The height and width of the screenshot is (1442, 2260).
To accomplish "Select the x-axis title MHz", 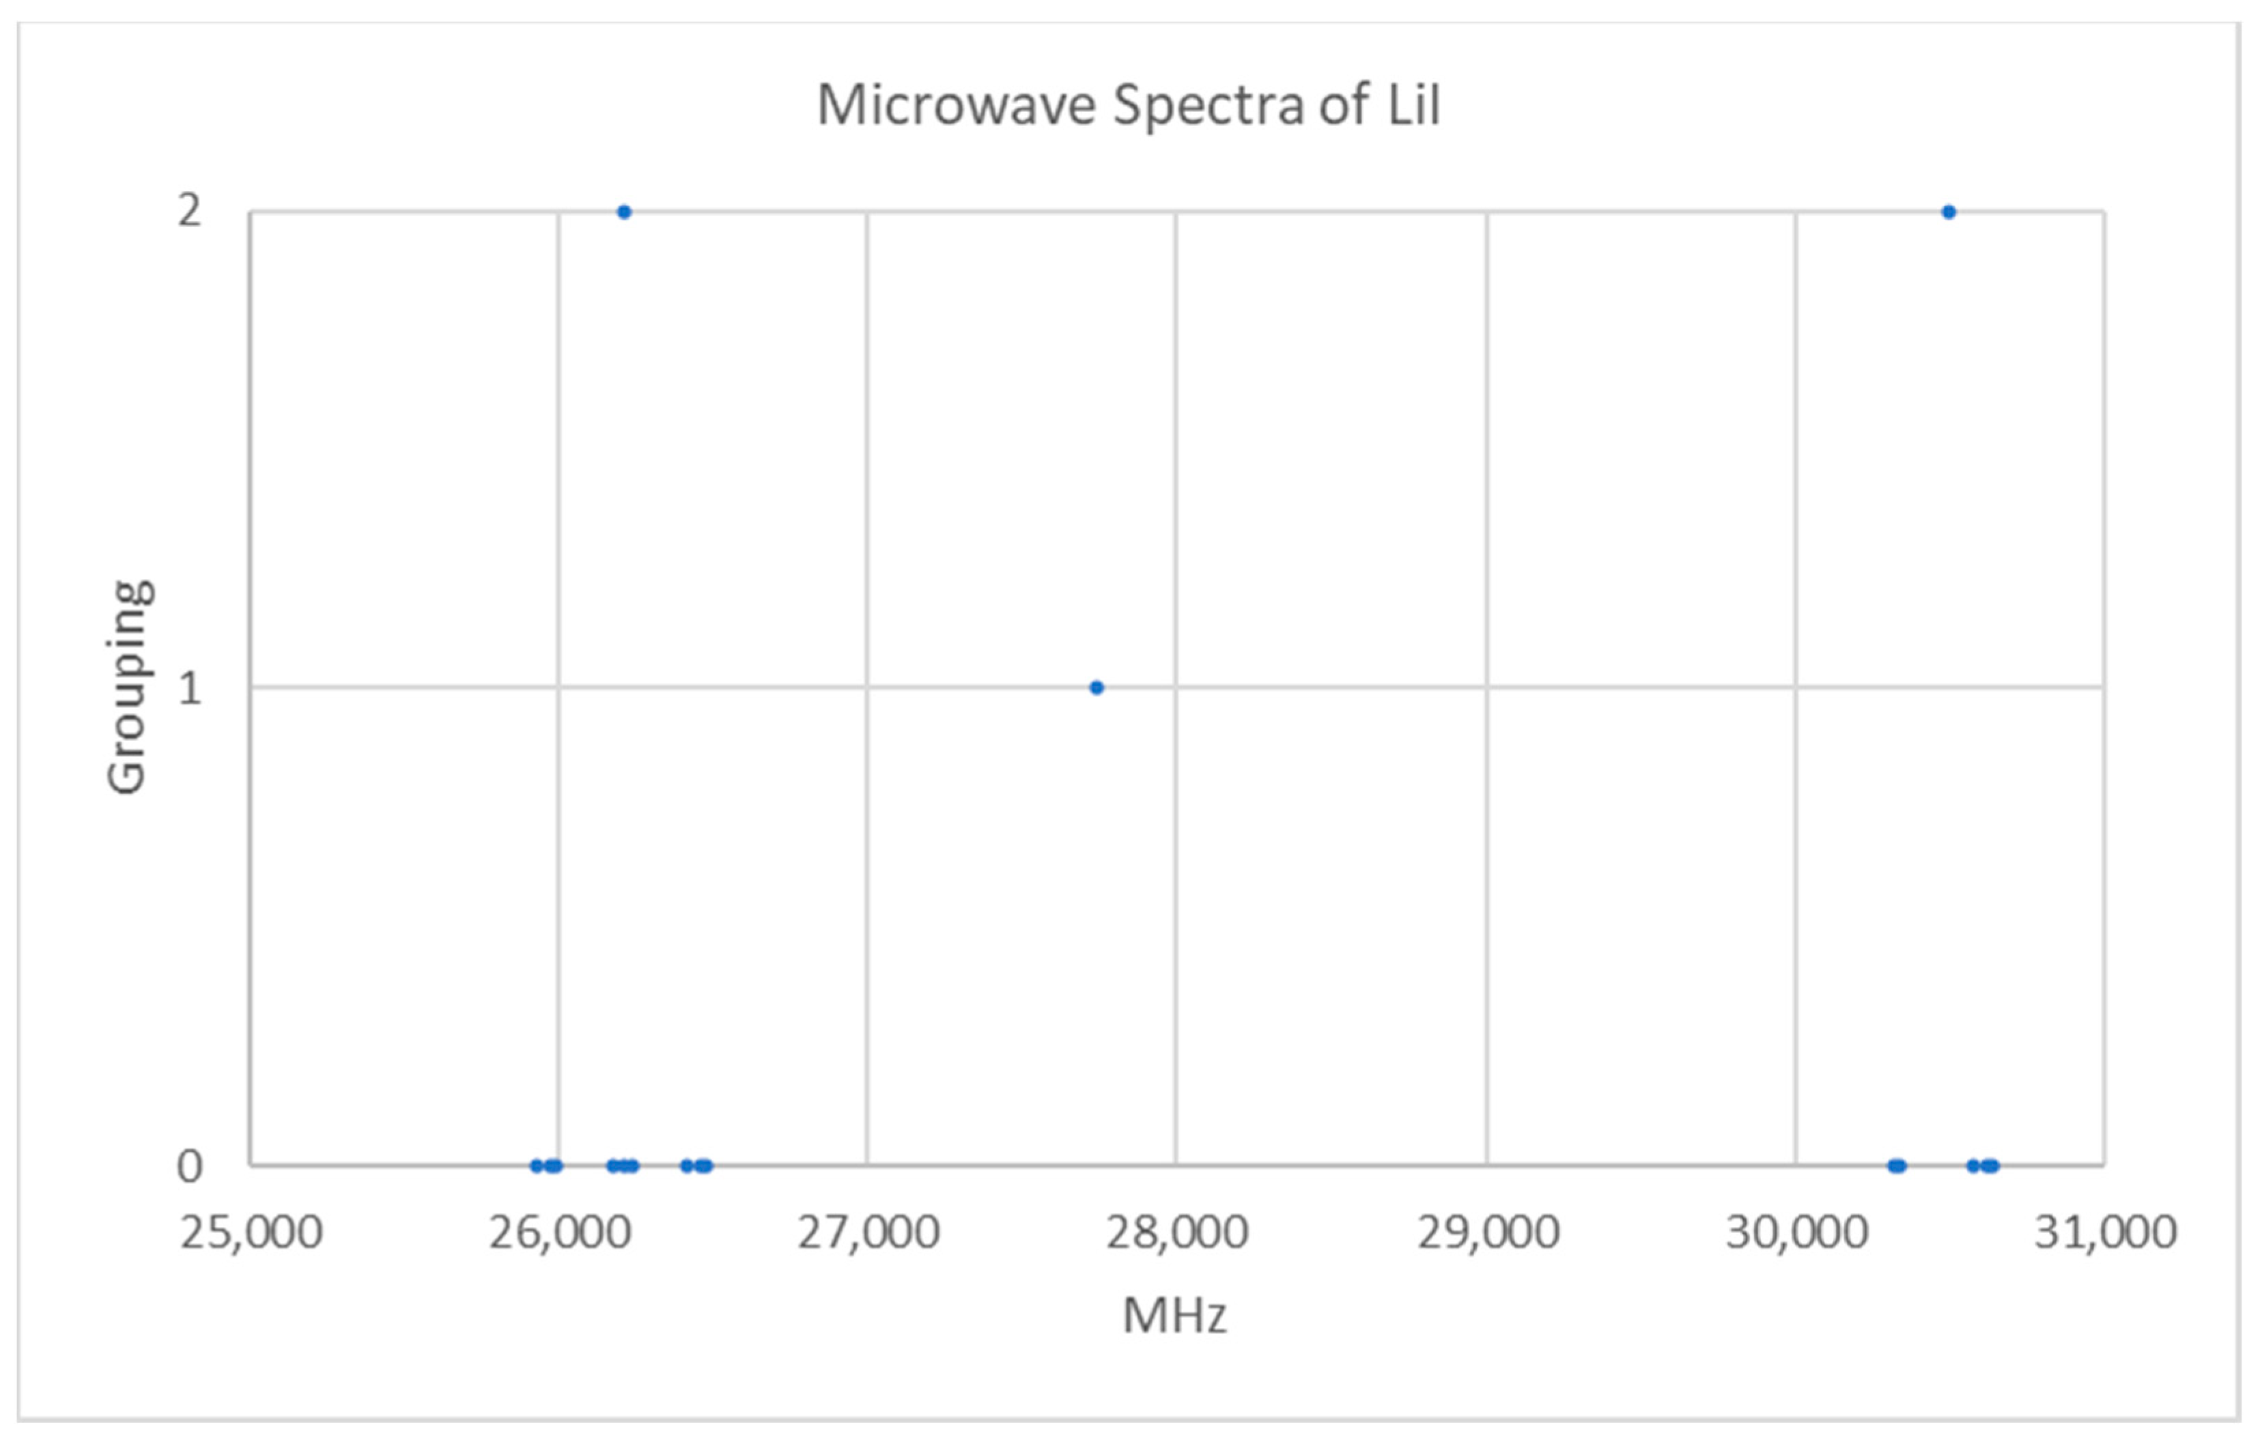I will pos(1174,1315).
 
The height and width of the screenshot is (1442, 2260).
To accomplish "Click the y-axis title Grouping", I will pos(128,687).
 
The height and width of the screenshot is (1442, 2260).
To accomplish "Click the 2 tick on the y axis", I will pos(190,211).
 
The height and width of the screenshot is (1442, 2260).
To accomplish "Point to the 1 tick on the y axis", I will pos(190,689).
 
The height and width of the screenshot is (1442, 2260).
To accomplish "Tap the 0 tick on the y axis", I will pos(190,1166).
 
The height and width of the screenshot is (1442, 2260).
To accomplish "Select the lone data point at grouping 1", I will pos(1097,687).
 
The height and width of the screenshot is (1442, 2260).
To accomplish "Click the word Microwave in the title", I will pos(955,105).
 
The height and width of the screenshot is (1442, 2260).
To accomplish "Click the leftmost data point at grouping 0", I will pos(537,1166).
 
